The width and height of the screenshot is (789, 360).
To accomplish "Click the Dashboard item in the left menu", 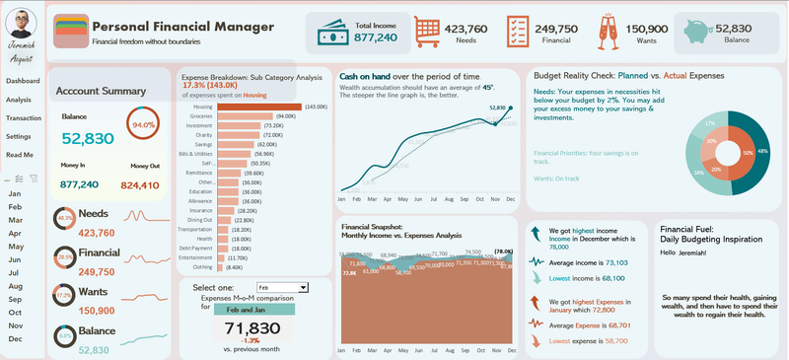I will click(x=23, y=81).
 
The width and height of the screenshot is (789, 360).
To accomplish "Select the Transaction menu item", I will click(x=24, y=118).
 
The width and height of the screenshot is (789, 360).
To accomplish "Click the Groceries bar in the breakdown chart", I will click(x=244, y=116).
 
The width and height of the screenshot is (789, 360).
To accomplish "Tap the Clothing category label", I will click(x=202, y=266).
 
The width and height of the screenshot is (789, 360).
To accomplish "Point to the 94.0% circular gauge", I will click(x=144, y=125).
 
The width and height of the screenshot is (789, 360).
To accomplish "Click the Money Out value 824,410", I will click(x=139, y=185).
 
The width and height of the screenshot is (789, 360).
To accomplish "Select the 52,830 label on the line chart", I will click(x=498, y=108).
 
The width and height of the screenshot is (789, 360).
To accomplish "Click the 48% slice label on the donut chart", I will click(x=763, y=151).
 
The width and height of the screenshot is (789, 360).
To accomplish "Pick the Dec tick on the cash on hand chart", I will click(x=511, y=198).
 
